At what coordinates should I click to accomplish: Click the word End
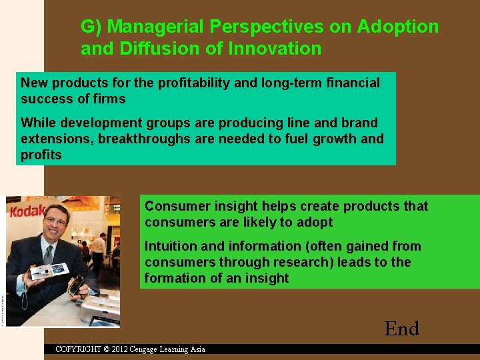click(x=401, y=329)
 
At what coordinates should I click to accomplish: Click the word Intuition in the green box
click(x=172, y=246)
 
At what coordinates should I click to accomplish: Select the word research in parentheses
click(x=301, y=262)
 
